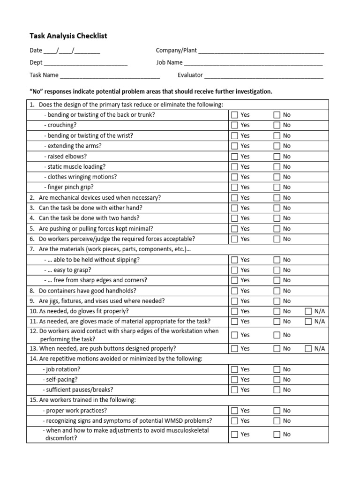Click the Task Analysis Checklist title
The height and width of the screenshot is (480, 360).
pyautogui.click(x=68, y=36)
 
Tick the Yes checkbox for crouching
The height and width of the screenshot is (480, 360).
pyautogui.click(x=235, y=125)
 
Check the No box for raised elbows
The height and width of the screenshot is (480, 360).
pyautogui.click(x=277, y=157)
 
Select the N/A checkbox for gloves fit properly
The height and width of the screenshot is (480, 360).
pyautogui.click(x=308, y=311)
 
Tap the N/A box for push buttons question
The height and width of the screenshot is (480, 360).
pyautogui.click(x=308, y=348)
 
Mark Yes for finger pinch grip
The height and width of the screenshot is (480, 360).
pyautogui.click(x=235, y=187)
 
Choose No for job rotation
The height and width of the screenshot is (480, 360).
pyautogui.click(x=277, y=369)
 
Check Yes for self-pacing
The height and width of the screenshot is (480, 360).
pyautogui.click(x=235, y=380)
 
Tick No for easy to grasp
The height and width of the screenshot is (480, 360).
pyautogui.click(x=277, y=270)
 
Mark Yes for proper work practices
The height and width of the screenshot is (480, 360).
pyautogui.click(x=235, y=411)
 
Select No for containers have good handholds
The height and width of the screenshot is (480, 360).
pyautogui.click(x=277, y=291)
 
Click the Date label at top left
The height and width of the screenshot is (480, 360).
pyautogui.click(x=36, y=51)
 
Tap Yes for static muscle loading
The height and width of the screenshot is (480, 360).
pyautogui.click(x=235, y=167)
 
